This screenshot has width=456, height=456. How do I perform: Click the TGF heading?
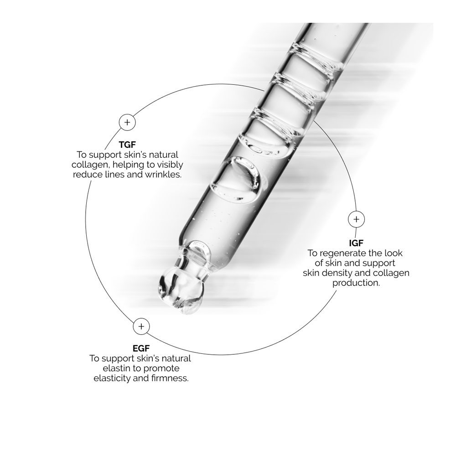(127, 144)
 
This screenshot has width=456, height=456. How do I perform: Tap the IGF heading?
(356, 243)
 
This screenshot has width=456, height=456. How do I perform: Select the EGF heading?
(141, 348)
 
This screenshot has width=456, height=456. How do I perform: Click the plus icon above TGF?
(127, 122)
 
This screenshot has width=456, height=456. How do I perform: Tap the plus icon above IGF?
(356, 219)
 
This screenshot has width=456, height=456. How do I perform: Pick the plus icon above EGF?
(141, 326)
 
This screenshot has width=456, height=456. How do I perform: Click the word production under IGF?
(356, 283)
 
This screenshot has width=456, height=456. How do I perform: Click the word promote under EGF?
(162, 369)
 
